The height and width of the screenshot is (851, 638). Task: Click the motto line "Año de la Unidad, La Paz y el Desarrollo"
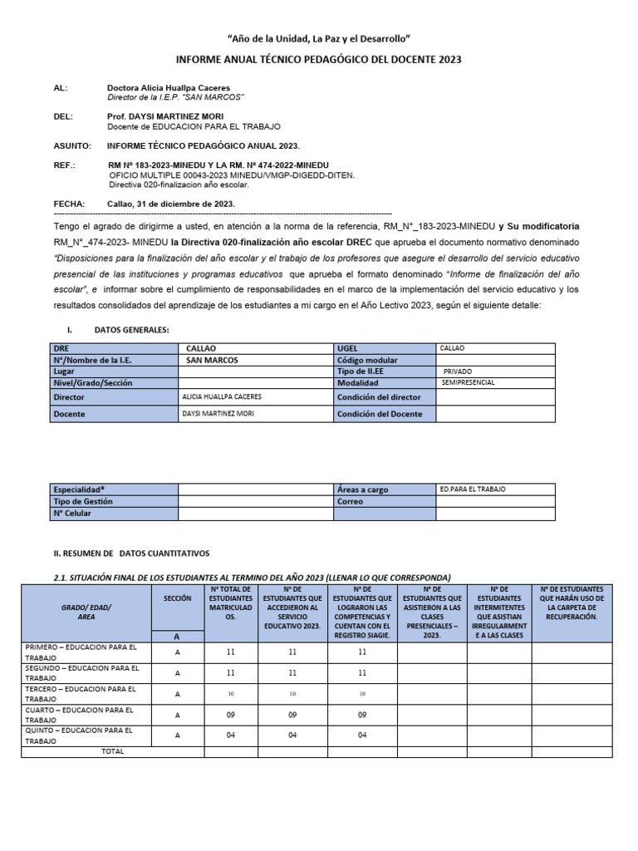click(x=319, y=39)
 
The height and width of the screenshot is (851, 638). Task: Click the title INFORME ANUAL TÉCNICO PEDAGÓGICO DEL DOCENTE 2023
click(x=319, y=60)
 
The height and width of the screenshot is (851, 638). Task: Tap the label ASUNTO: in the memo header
click(x=72, y=145)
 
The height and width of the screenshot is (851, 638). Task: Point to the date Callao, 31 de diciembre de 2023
click(x=171, y=204)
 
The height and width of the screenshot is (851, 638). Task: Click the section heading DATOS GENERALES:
click(x=132, y=330)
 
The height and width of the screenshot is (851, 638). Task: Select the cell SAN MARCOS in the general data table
click(x=212, y=360)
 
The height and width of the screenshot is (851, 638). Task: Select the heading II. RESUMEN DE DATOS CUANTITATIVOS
click(x=131, y=553)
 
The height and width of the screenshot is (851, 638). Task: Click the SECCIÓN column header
click(x=177, y=598)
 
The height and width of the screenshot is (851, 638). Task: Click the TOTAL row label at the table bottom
click(x=113, y=751)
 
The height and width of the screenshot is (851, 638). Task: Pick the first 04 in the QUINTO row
click(x=231, y=735)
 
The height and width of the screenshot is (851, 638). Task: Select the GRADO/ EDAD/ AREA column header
click(x=86, y=612)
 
